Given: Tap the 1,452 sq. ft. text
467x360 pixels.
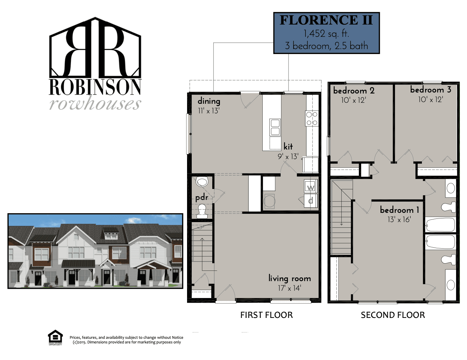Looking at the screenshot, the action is click(326, 34).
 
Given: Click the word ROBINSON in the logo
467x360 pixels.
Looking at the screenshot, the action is click(95, 87).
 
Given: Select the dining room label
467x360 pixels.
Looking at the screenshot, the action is click(209, 101).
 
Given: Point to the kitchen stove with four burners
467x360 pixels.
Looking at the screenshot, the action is click(312, 118).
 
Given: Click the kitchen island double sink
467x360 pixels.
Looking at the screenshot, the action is click(275, 128).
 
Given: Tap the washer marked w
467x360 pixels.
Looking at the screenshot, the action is click(311, 186).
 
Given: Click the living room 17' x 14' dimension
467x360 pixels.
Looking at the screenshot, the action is click(290, 288).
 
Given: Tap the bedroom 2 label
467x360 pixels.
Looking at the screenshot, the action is click(354, 90).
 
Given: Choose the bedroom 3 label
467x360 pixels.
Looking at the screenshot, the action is click(431, 90).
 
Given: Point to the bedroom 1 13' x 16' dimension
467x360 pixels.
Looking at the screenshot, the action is click(399, 219).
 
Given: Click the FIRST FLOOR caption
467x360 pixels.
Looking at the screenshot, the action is click(266, 315).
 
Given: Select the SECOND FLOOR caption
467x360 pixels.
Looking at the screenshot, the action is click(393, 315).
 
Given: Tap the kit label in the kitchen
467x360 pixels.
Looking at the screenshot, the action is click(288, 147).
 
